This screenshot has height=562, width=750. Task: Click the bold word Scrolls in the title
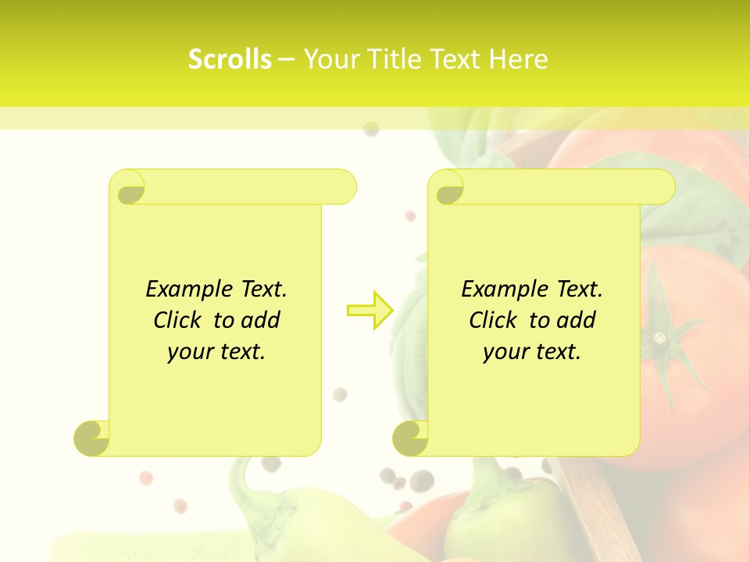[x=230, y=59]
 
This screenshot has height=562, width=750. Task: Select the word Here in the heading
[x=518, y=59]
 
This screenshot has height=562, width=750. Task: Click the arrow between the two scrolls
[x=370, y=310]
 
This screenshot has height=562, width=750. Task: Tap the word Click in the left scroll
[x=177, y=320]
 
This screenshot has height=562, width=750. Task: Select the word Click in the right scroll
[x=493, y=320]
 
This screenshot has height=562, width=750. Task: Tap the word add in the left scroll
[x=261, y=320]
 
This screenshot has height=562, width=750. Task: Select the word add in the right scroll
[x=577, y=320]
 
